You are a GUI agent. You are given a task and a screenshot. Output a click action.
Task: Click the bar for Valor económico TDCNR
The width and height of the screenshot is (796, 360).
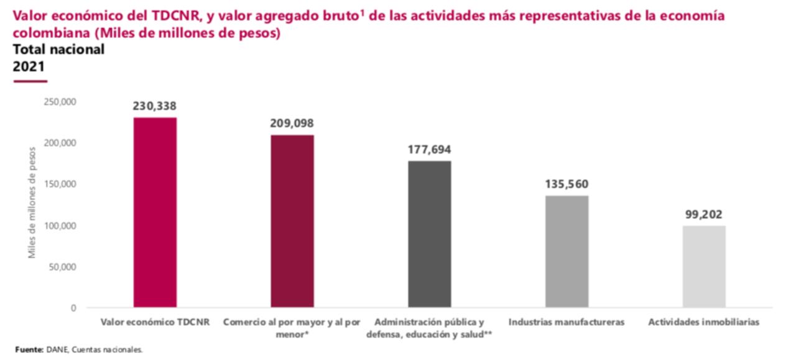pyautogui.click(x=155, y=212)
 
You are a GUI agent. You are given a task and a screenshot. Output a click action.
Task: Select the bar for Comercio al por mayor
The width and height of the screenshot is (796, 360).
pyautogui.click(x=292, y=221)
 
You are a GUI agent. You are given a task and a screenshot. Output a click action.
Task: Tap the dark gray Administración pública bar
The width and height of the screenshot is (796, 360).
pyautogui.click(x=430, y=234)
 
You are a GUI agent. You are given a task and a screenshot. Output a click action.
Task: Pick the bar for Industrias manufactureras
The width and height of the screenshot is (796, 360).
pyautogui.click(x=567, y=251)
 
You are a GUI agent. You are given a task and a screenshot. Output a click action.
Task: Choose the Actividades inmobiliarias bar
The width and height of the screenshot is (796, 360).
pyautogui.click(x=704, y=266)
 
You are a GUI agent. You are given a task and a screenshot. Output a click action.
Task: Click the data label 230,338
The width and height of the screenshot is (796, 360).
pyautogui.click(x=154, y=106)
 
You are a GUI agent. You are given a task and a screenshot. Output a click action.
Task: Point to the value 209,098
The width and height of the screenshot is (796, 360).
pyautogui.click(x=292, y=124)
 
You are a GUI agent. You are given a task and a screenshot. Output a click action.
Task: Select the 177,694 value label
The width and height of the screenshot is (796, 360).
pyautogui.click(x=429, y=150)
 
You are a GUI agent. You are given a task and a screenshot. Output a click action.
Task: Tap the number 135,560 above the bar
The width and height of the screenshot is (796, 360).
pyautogui.click(x=567, y=185)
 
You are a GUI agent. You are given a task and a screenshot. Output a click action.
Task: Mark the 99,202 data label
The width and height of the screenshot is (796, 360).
pyautogui.click(x=703, y=215)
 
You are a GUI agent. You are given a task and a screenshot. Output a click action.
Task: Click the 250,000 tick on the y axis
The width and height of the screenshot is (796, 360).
pyautogui.click(x=60, y=101)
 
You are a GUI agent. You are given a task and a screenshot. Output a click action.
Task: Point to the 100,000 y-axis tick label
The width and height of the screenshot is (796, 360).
pyautogui.click(x=60, y=226)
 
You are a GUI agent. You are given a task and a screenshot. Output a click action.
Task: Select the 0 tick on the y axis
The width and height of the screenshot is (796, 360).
pyautogui.click(x=73, y=308)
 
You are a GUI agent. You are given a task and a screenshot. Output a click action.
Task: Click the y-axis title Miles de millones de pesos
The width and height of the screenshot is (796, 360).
pyautogui.click(x=32, y=202)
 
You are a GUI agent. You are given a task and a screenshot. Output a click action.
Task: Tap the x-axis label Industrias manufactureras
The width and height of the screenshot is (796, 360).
pyautogui.click(x=567, y=323)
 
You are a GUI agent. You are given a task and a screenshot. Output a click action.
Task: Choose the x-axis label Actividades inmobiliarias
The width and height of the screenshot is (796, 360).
pyautogui.click(x=703, y=323)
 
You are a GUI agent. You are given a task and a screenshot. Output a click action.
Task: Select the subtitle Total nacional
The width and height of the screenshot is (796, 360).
pyautogui.click(x=58, y=50)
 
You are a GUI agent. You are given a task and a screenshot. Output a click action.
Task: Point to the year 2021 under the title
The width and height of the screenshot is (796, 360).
pyautogui.click(x=29, y=67)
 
